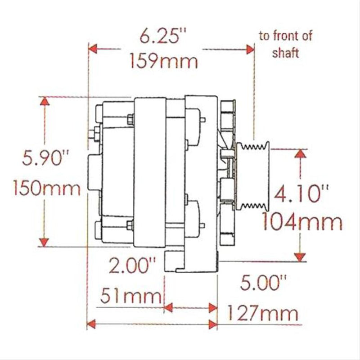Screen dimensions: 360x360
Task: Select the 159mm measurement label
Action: coord(163,60)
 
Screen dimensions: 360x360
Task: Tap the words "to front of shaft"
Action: coord(285,44)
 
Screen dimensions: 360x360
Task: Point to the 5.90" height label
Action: coord(47,158)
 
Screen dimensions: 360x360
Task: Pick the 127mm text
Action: coord(262,312)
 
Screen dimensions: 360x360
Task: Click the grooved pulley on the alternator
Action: coord(253,178)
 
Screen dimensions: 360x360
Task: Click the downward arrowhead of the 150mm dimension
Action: coord(44,242)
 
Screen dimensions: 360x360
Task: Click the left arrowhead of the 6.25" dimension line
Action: coord(93,48)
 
